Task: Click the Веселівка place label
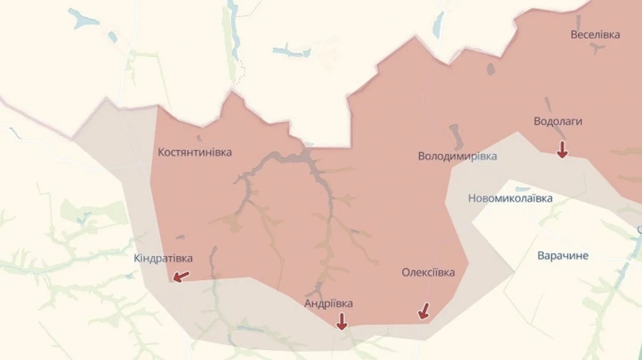point(596,34)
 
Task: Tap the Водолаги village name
point(558,121)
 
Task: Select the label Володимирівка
point(457,156)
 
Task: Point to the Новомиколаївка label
point(510,198)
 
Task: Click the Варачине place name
point(563,255)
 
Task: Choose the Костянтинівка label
point(195,152)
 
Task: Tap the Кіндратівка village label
point(163,258)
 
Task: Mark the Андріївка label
point(328,303)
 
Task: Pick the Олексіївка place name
point(428,272)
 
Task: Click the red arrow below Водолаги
point(562,149)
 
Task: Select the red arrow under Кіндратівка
point(182,276)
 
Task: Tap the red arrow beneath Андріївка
point(342,322)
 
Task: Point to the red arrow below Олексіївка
point(424,311)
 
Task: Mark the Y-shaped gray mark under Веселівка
point(596,48)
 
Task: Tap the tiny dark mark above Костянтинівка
point(198,138)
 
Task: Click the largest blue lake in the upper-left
point(83,19)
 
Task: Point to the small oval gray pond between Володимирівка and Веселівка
point(491,69)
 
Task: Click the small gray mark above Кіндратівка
point(180,237)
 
